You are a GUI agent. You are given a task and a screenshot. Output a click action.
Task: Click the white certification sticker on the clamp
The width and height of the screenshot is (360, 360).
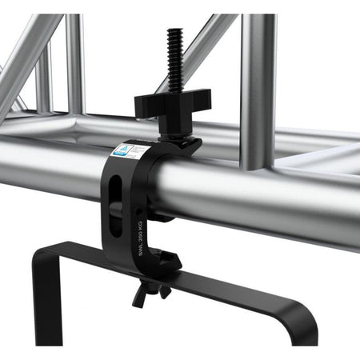[x=130, y=153]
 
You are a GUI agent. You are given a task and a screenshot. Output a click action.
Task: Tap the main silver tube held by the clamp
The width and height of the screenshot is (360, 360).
[x=264, y=200]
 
